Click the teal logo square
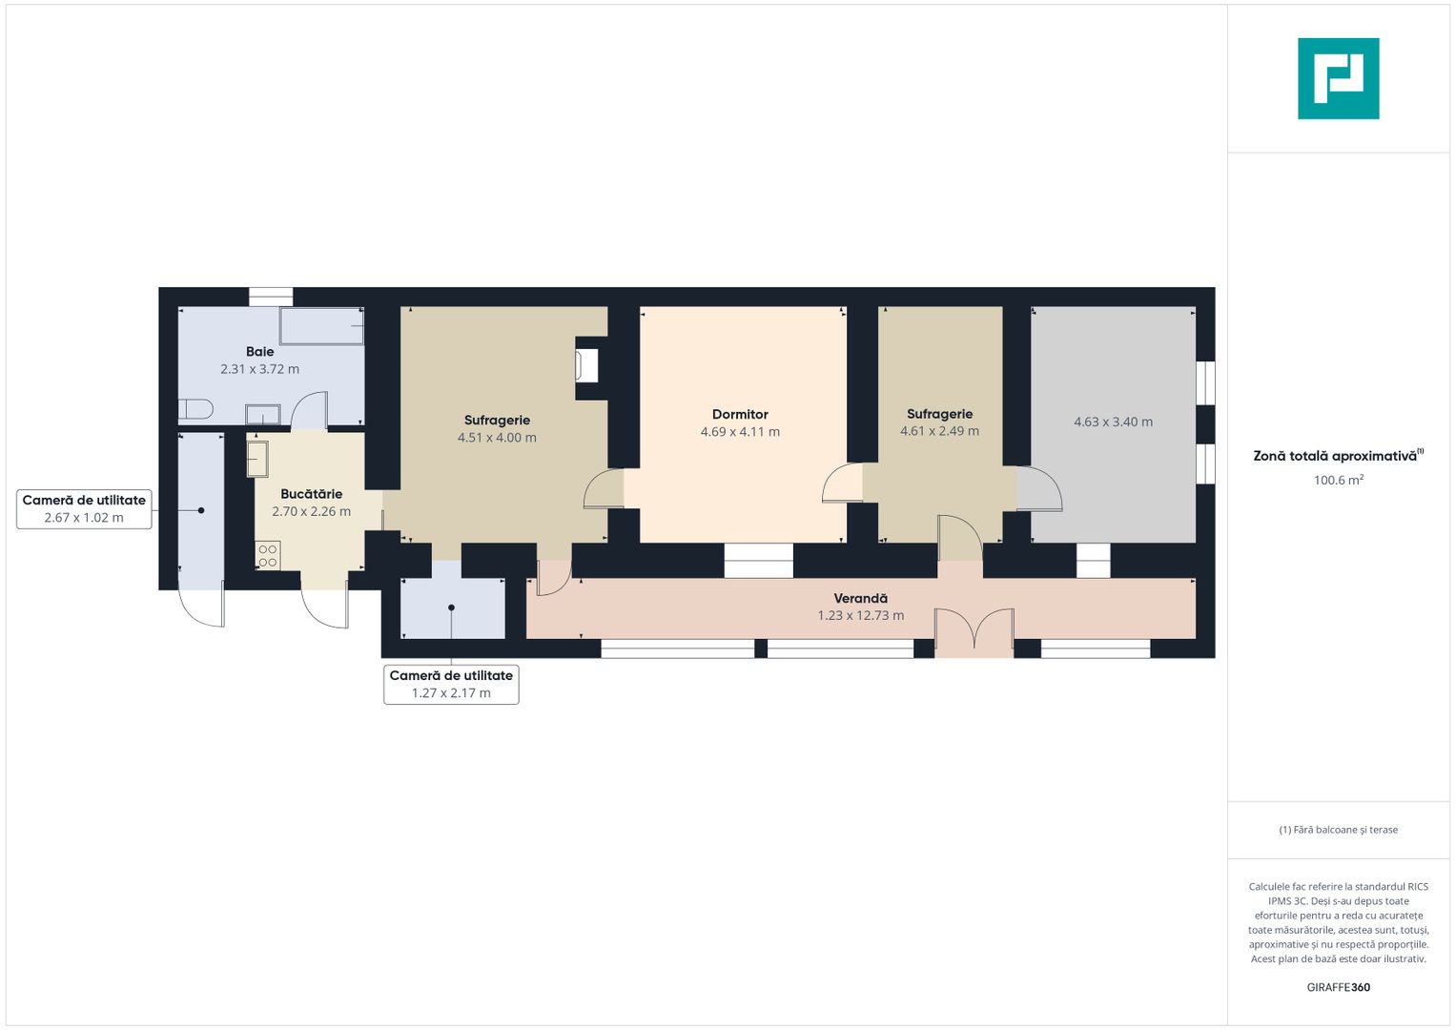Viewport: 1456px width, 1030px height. (1339, 78)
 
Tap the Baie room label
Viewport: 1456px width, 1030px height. (260, 352)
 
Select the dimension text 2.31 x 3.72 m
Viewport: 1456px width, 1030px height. (260, 369)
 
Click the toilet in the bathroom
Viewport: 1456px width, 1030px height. (195, 409)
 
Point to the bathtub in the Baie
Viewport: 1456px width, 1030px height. (321, 326)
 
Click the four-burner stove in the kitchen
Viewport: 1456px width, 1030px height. (268, 556)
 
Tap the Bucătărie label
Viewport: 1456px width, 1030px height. (312, 494)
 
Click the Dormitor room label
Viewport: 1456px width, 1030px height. (740, 414)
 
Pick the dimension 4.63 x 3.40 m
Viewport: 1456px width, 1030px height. (1114, 422)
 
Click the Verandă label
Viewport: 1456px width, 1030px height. (861, 598)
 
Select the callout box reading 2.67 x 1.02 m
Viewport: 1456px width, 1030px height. (84, 509)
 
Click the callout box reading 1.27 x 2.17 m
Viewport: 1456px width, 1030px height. (451, 684)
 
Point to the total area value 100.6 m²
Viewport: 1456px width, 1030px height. (1339, 480)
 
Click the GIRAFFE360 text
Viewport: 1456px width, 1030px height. (1339, 987)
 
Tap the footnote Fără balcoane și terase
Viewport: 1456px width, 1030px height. (1339, 830)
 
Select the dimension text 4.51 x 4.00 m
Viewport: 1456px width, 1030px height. (497, 438)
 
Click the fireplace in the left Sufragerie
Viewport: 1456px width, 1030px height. (587, 366)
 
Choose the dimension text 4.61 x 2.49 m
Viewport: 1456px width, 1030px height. (940, 431)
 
